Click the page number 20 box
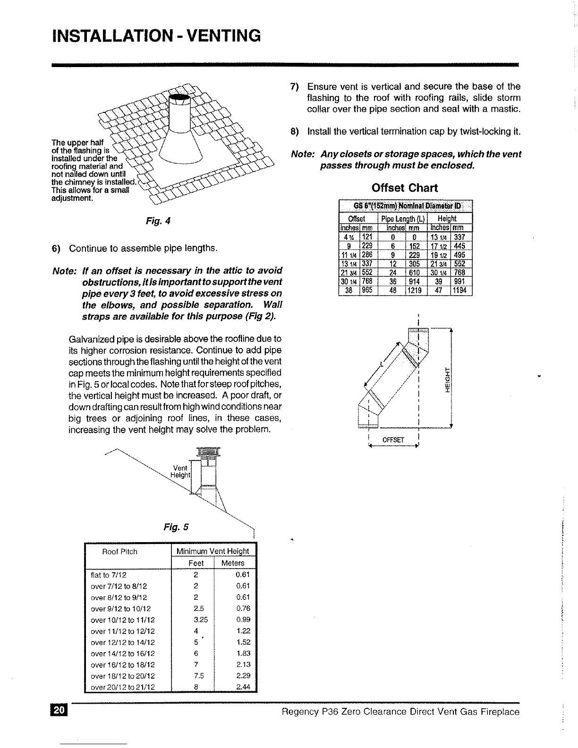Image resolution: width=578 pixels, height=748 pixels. (x=60, y=711)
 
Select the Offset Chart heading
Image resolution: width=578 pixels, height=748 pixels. (x=405, y=188)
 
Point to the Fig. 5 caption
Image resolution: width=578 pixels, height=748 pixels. (x=176, y=527)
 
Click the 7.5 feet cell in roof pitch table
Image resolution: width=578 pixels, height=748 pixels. (x=195, y=676)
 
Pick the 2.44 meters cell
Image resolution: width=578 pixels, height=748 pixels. (x=243, y=687)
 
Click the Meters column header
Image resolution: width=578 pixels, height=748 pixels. (x=233, y=563)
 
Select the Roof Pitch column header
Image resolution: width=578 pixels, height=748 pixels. (x=120, y=552)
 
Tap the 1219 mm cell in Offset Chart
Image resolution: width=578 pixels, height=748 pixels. (x=414, y=290)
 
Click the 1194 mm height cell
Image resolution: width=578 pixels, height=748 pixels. (x=460, y=290)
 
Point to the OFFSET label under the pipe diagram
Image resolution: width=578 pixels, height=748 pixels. (x=393, y=440)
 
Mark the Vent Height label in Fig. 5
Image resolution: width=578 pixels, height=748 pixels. (x=180, y=471)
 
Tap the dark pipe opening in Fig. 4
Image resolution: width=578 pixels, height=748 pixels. (x=180, y=98)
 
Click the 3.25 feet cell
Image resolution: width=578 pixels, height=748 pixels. (x=195, y=620)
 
